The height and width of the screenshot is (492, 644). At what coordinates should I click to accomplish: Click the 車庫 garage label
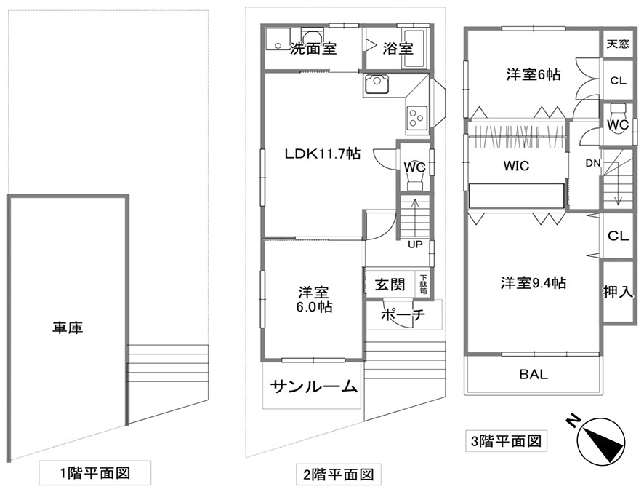click(67, 328)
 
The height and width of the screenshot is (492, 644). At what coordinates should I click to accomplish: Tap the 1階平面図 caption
click(94, 473)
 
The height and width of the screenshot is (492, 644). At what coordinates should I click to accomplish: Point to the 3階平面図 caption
click(507, 441)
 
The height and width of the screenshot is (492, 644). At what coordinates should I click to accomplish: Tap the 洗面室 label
click(313, 49)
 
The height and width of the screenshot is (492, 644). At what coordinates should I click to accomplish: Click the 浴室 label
click(398, 49)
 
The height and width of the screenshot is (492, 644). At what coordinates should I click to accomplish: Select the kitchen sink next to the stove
click(378, 85)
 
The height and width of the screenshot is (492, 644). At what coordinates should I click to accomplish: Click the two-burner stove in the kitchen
click(417, 116)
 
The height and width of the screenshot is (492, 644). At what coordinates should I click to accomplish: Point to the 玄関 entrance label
click(390, 285)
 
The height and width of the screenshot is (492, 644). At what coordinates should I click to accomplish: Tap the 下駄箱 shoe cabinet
click(423, 284)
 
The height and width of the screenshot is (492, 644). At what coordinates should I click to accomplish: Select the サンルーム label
click(314, 386)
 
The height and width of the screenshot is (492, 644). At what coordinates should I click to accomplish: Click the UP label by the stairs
click(415, 245)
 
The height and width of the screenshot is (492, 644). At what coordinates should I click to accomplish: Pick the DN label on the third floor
click(592, 163)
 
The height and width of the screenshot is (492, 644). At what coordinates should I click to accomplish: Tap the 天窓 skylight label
click(618, 43)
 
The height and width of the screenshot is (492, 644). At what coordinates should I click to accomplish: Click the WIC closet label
click(516, 166)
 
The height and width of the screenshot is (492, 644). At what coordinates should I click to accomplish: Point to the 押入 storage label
click(619, 293)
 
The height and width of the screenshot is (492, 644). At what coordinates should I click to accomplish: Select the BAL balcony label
click(533, 376)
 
